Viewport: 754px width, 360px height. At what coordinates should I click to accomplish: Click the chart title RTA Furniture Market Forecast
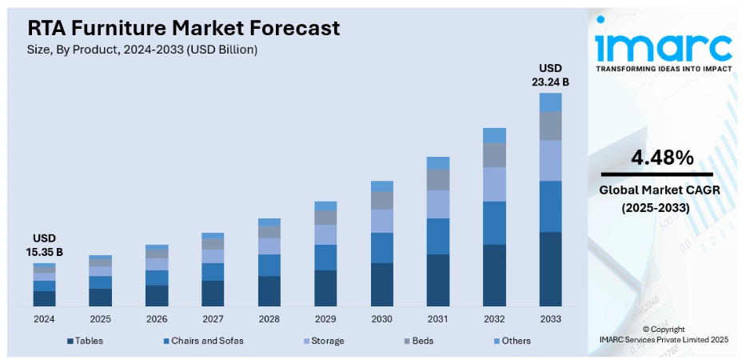point(184,28)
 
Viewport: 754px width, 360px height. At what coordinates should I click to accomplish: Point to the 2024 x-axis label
point(44,319)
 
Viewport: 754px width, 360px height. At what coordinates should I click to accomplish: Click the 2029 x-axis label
point(325,319)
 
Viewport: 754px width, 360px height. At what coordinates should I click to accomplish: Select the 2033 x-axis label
point(550,319)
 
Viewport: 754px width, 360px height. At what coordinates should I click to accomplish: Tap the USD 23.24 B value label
point(550,74)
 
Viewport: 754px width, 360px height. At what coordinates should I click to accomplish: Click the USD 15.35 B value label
point(44,246)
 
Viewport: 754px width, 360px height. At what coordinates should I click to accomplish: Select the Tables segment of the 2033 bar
point(550,269)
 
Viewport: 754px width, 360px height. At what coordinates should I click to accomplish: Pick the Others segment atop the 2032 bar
point(494,135)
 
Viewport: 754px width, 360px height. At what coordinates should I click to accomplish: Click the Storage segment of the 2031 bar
point(438,204)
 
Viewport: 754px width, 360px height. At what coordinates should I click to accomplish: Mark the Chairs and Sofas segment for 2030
point(381,247)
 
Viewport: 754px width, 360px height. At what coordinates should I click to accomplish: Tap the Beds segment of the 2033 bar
point(550,126)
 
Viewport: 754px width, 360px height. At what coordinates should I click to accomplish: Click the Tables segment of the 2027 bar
point(213,293)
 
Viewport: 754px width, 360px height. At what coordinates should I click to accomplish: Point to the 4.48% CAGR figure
point(662,158)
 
